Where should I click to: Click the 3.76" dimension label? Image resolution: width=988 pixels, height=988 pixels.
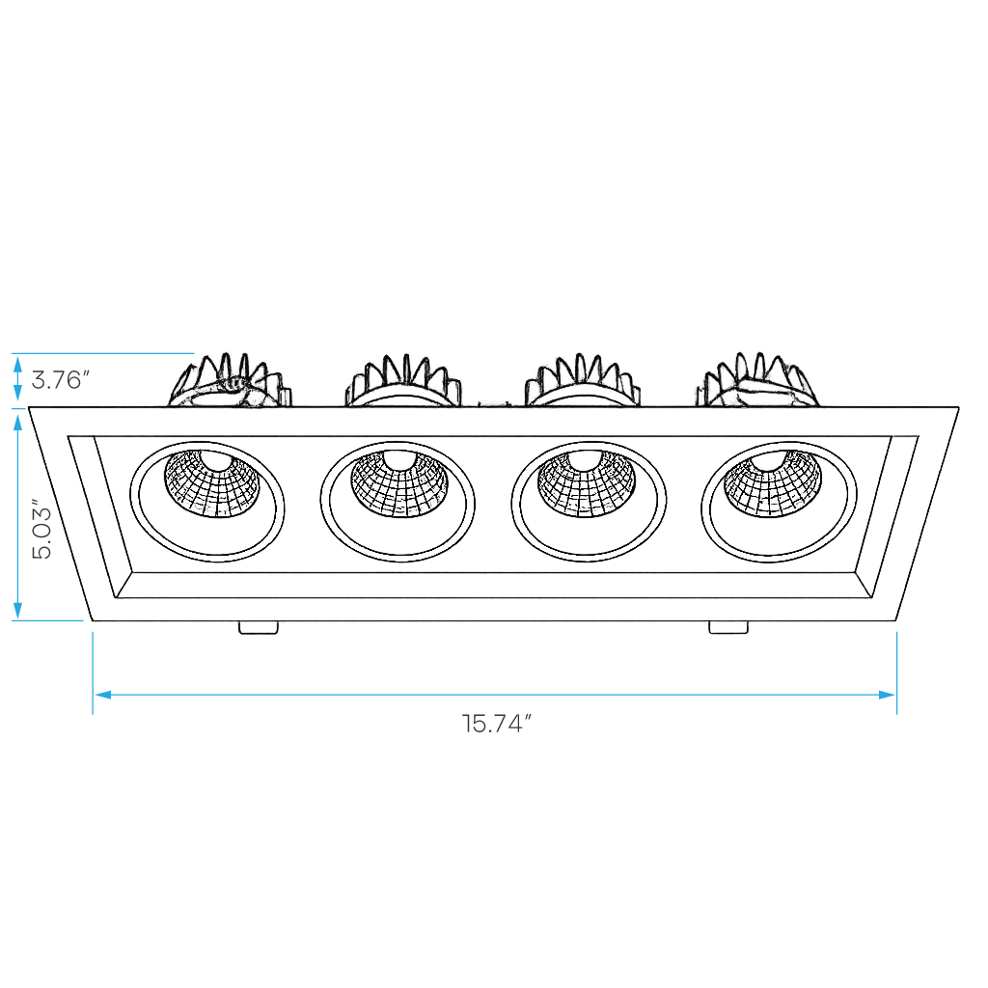(61, 380)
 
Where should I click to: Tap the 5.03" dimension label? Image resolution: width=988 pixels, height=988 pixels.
(42, 530)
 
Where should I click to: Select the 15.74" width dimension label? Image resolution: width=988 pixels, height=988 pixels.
(497, 724)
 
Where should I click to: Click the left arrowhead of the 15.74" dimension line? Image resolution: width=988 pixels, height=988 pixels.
(102, 695)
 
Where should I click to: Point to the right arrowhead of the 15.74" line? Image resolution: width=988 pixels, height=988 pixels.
(887, 695)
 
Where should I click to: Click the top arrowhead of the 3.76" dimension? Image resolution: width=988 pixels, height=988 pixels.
(18, 364)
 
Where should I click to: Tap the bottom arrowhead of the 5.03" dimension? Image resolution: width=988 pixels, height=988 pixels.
(18, 610)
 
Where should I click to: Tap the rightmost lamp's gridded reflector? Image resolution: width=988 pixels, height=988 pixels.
(773, 482)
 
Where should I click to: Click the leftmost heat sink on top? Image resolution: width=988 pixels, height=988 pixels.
(230, 380)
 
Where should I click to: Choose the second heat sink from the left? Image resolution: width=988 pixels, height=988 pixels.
(403, 380)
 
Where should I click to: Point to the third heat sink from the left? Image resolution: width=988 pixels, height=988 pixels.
(583, 380)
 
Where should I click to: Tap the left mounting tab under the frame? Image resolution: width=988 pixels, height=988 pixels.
(259, 627)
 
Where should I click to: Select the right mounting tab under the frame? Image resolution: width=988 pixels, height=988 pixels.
(728, 627)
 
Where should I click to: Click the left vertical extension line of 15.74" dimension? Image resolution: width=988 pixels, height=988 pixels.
(94, 672)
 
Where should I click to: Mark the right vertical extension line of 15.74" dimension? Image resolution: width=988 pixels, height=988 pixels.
(896, 672)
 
